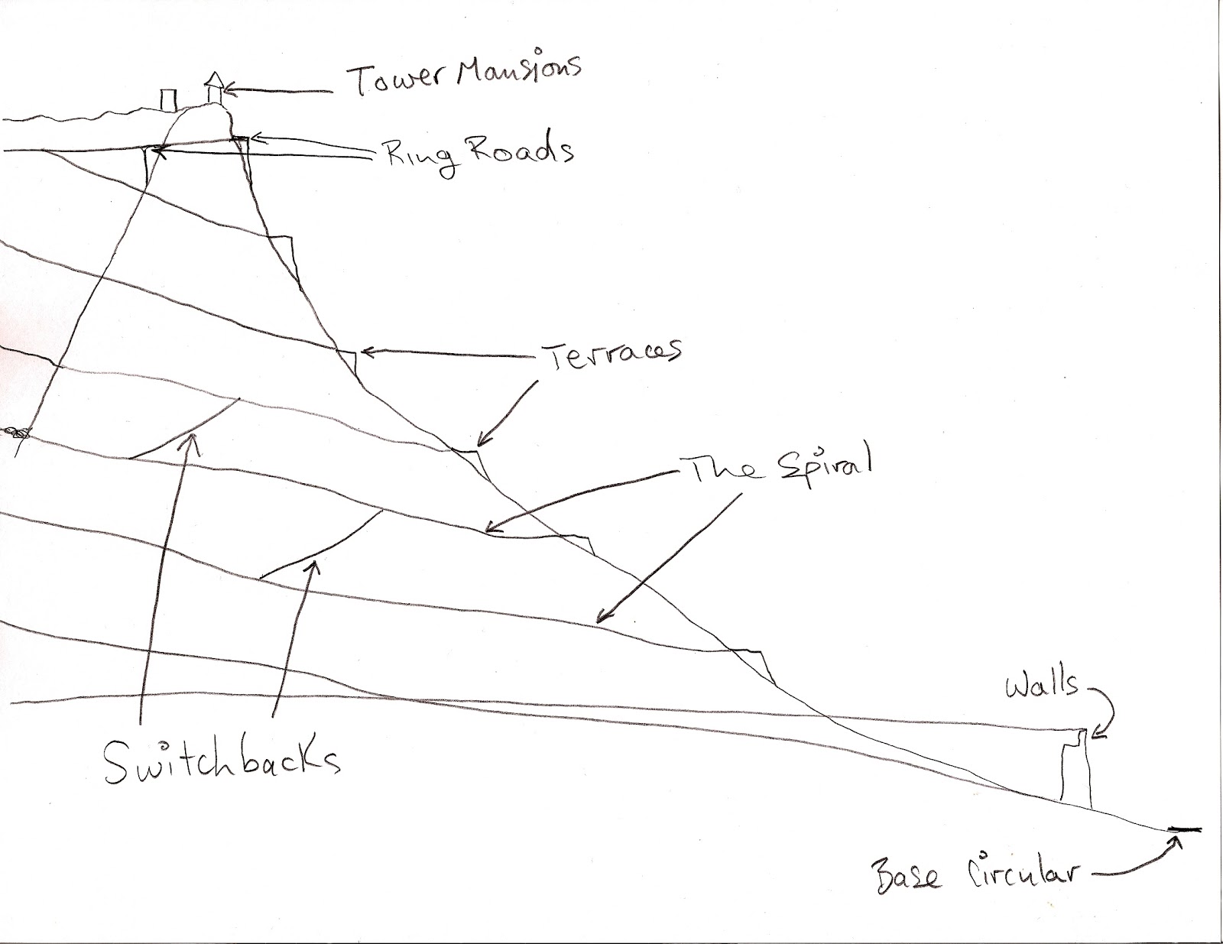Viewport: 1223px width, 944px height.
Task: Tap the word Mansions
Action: coord(519,73)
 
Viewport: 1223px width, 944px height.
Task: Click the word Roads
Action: coord(520,151)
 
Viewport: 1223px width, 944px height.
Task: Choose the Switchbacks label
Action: coord(222,759)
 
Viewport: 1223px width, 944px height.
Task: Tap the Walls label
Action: coord(1042,683)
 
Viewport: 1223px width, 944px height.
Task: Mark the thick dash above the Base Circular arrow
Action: coord(1184,829)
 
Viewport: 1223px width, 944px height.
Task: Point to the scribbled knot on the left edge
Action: coord(17,433)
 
